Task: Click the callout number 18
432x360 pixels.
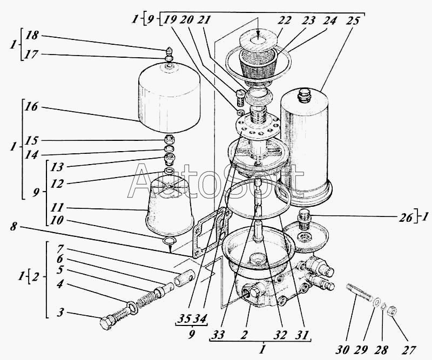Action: (x=32, y=35)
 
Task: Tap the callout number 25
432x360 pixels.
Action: (x=353, y=21)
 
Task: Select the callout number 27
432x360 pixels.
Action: (x=408, y=350)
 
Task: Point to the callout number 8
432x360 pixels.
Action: (x=13, y=227)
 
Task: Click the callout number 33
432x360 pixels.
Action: (x=218, y=335)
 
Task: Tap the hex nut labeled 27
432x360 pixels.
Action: (x=392, y=311)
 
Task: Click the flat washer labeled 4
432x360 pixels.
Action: (x=132, y=307)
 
